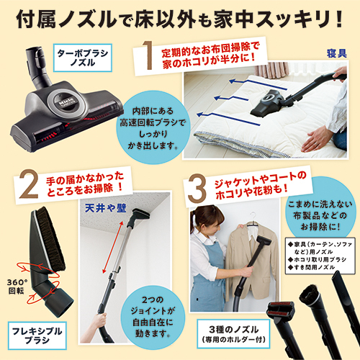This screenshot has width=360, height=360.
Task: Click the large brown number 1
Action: tap(148, 55)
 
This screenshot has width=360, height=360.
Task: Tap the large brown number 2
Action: tap(29, 184)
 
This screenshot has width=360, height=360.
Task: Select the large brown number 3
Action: tap(197, 189)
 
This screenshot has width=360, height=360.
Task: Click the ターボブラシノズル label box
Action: tap(83, 58)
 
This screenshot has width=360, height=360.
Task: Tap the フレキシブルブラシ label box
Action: tap(37, 336)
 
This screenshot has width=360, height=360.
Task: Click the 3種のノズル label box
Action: tap(233, 333)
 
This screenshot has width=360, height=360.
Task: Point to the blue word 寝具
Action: tap(337, 53)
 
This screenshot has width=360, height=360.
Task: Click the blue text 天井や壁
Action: tap(106, 208)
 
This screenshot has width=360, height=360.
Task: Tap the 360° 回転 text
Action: tap(17, 287)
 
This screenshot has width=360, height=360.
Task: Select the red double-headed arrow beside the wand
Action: tap(113, 247)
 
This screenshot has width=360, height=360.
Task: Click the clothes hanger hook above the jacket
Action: tap(252, 216)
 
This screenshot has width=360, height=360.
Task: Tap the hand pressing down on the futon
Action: tap(318, 140)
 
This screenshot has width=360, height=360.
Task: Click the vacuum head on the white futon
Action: tap(266, 102)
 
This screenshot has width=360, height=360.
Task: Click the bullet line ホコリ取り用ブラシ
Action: tap(318, 259)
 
